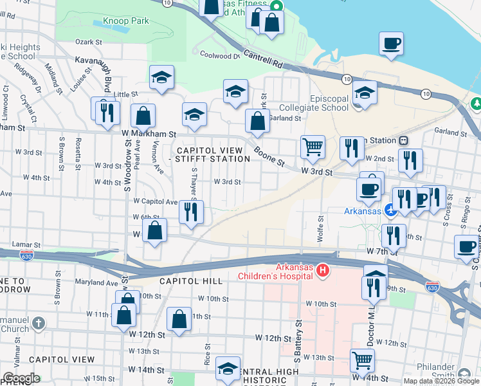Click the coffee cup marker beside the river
391,44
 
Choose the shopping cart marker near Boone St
313,147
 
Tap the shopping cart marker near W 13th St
362,360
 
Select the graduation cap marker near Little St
161,78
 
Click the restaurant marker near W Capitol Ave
191,212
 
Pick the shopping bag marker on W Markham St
143,116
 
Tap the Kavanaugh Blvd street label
105,73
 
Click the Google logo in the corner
21,378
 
